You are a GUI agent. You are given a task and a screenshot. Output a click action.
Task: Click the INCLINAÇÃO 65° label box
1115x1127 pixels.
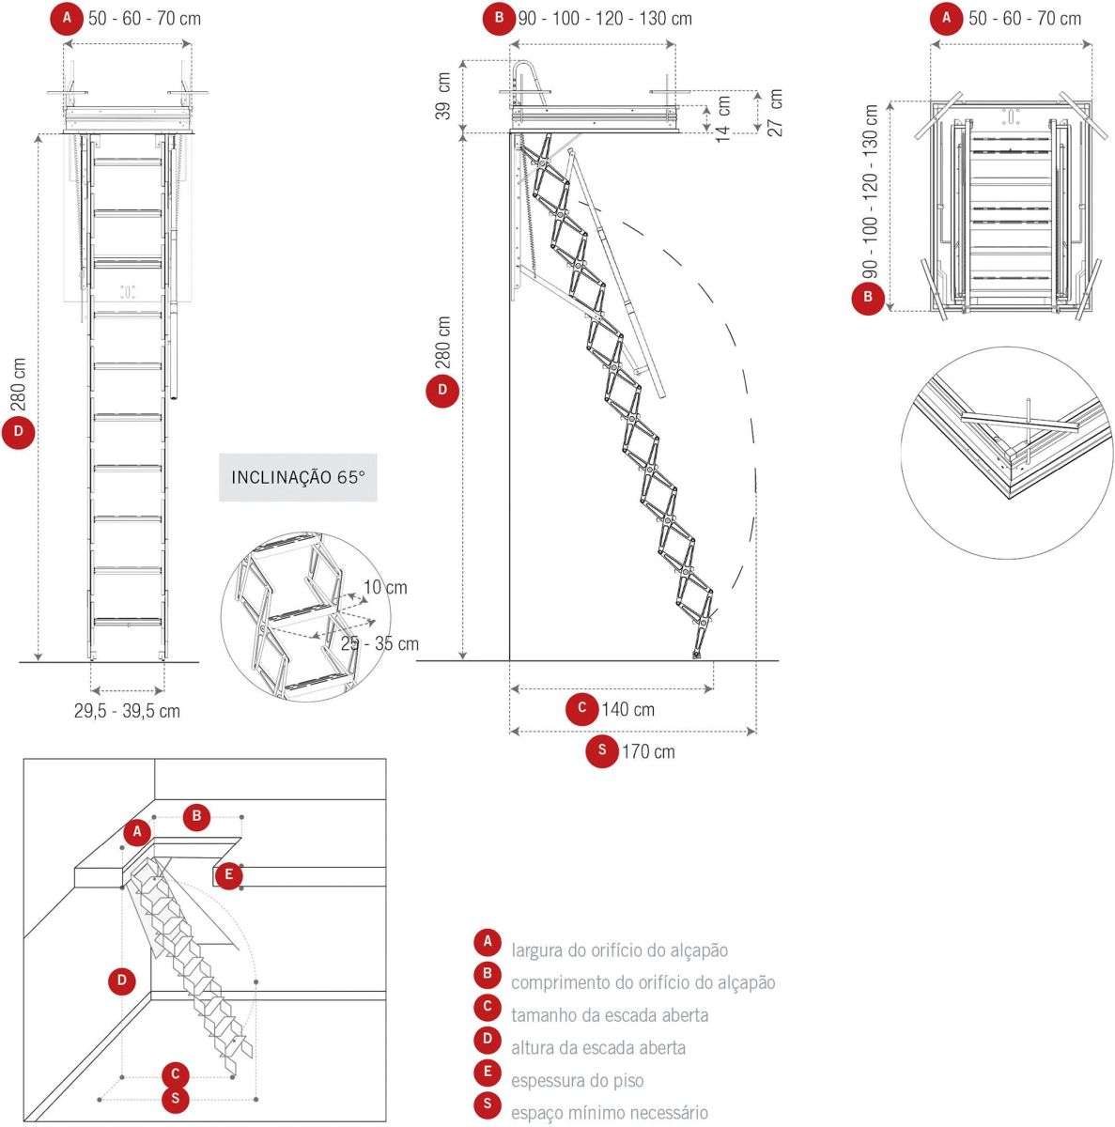[298, 477]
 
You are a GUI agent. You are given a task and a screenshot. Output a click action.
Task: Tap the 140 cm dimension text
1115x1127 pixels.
[628, 709]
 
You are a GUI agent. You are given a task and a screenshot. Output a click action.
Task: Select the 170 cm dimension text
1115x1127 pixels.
[647, 751]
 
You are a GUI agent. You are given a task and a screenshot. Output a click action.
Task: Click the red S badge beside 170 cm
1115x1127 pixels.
[602, 750]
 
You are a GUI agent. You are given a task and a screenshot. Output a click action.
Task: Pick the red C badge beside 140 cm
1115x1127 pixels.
[582, 708]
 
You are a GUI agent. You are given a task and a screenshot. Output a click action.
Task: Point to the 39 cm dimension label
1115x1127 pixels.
[443, 95]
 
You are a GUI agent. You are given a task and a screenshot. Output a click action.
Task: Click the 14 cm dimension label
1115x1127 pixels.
[723, 118]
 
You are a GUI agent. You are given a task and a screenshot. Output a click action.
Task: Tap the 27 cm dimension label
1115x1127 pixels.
[776, 113]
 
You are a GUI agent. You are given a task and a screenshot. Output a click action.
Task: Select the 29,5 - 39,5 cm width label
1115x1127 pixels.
[127, 711]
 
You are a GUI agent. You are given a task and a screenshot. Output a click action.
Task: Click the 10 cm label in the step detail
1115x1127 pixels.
[385, 587]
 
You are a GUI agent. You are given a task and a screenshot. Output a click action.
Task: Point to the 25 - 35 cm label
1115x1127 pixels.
[379, 643]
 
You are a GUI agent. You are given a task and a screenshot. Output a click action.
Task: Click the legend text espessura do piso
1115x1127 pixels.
[577, 1080]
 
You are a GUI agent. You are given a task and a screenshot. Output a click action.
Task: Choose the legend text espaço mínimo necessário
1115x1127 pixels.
[609, 1113]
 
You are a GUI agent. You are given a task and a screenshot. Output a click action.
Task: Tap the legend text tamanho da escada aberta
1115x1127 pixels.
[609, 1015]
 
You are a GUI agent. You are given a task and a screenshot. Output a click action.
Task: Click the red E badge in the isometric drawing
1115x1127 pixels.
[227, 875]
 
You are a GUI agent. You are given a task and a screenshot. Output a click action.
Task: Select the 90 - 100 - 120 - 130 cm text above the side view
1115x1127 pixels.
[605, 18]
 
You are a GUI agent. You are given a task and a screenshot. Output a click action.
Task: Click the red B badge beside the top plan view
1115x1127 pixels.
[868, 299]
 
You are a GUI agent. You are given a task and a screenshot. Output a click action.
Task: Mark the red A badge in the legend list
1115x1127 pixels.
[487, 941]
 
